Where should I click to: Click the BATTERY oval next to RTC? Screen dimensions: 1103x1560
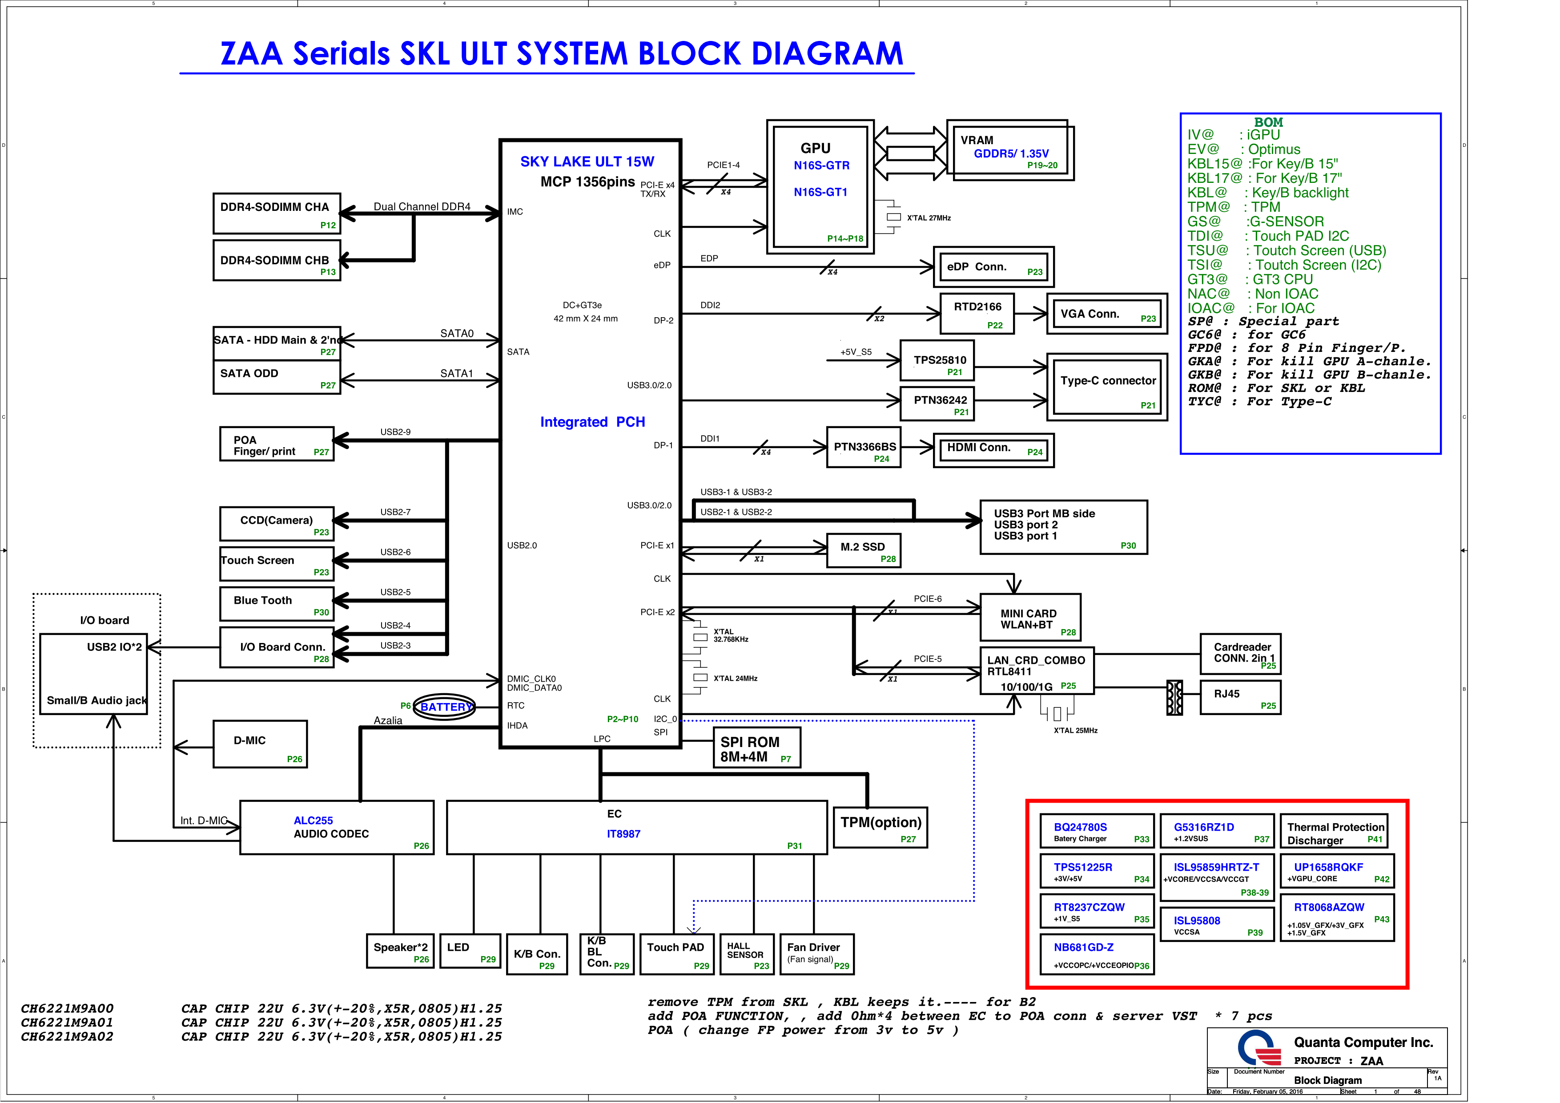(445, 707)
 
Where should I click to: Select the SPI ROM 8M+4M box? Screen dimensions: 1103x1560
(756, 748)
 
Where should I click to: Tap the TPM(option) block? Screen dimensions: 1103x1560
(880, 828)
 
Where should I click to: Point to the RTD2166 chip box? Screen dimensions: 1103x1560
(977, 313)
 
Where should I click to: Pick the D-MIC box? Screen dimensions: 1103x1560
(260, 744)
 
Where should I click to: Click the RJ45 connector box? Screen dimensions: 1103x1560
(1240, 697)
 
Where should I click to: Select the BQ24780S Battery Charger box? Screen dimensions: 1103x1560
(1097, 831)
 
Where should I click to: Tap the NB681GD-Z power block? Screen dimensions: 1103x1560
(1097, 954)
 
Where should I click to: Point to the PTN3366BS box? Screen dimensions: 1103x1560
(864, 447)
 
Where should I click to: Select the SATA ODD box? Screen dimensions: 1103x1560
(277, 377)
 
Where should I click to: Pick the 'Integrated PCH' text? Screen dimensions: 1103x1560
(592, 422)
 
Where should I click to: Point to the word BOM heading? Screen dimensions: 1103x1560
(1268, 122)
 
